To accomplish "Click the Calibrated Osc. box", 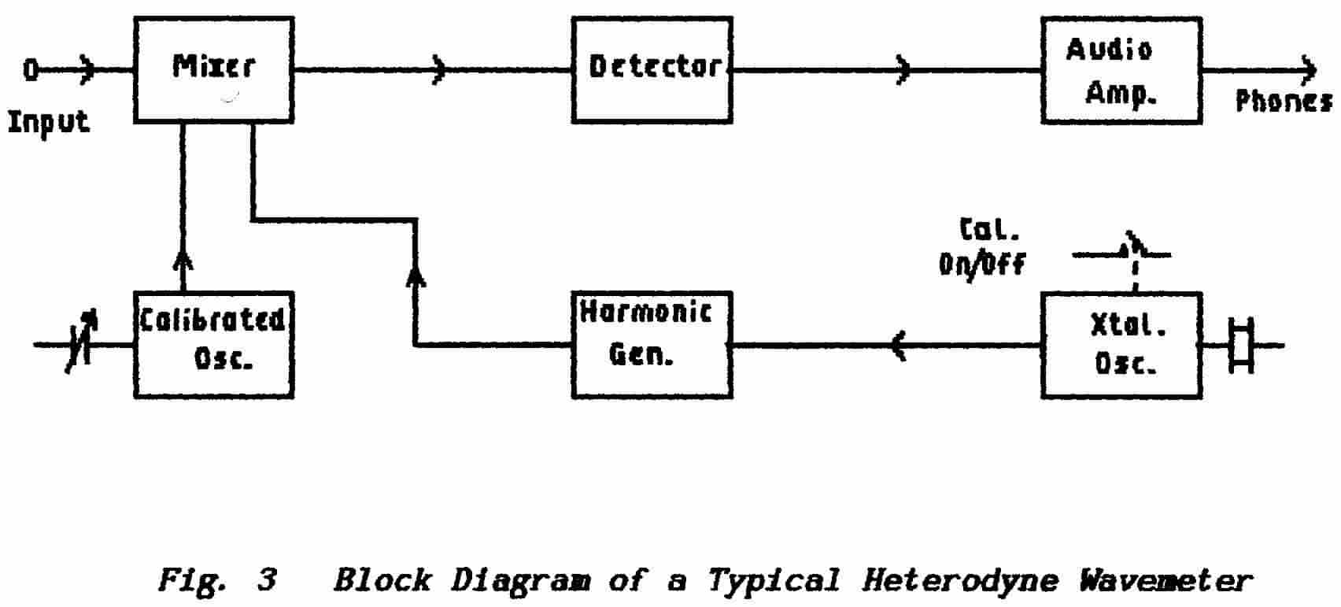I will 213,345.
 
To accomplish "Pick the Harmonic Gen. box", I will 652,345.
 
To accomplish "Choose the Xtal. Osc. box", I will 1121,345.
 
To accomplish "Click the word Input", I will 49,123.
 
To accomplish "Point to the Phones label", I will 1283,101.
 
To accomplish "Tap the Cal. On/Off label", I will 982,247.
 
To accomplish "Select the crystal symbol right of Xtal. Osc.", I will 1241,345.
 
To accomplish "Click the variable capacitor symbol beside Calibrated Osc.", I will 81,345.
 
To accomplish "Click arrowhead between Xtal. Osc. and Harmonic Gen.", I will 899,345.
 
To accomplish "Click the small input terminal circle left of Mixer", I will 30,71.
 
